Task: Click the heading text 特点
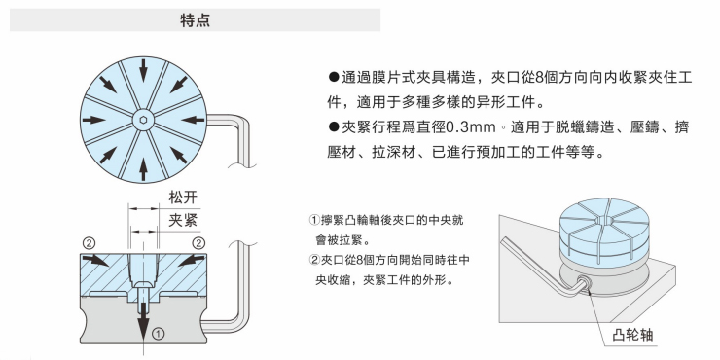pyautogui.click(x=196, y=20)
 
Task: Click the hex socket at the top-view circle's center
pyautogui.click(x=143, y=121)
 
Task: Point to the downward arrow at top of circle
pyautogui.click(x=143, y=69)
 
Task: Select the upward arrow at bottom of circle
pyautogui.click(x=143, y=169)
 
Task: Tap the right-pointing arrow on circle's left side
pyautogui.click(x=94, y=120)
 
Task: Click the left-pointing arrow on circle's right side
pyautogui.click(x=193, y=120)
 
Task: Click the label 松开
pyautogui.click(x=183, y=198)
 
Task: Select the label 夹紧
pyautogui.click(x=183, y=221)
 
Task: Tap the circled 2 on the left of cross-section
pyautogui.click(x=89, y=243)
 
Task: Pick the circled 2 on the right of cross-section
pyautogui.click(x=198, y=243)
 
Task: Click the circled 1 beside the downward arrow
pyautogui.click(x=158, y=334)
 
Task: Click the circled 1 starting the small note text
pyautogui.click(x=315, y=221)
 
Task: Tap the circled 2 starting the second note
pyautogui.click(x=315, y=261)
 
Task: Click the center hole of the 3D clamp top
pyautogui.click(x=606, y=221)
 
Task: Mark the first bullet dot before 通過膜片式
pyautogui.click(x=334, y=77)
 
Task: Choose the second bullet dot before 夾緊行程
pyautogui.click(x=334, y=127)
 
